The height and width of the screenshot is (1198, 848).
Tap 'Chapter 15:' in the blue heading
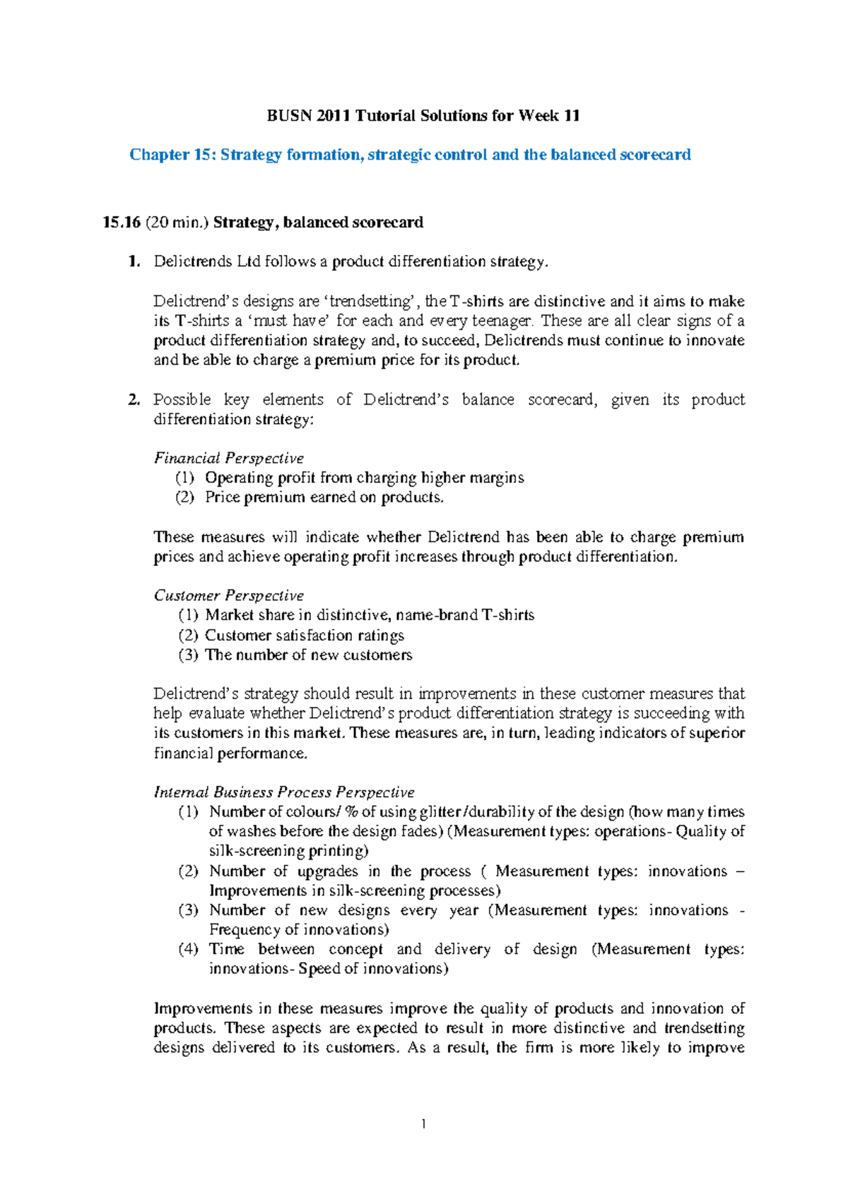tap(172, 155)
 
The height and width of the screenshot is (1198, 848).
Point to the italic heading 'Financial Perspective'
tap(229, 458)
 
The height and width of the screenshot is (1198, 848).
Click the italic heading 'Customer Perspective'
tap(229, 595)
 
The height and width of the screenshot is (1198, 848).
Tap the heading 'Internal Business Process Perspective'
tap(284, 793)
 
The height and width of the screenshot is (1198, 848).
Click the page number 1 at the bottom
tap(423, 1124)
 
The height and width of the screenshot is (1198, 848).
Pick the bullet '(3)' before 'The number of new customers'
tap(188, 655)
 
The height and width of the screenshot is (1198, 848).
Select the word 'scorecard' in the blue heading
tap(655, 155)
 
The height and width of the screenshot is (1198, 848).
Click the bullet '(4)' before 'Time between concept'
tap(188, 949)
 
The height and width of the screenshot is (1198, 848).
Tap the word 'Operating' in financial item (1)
tap(237, 478)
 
